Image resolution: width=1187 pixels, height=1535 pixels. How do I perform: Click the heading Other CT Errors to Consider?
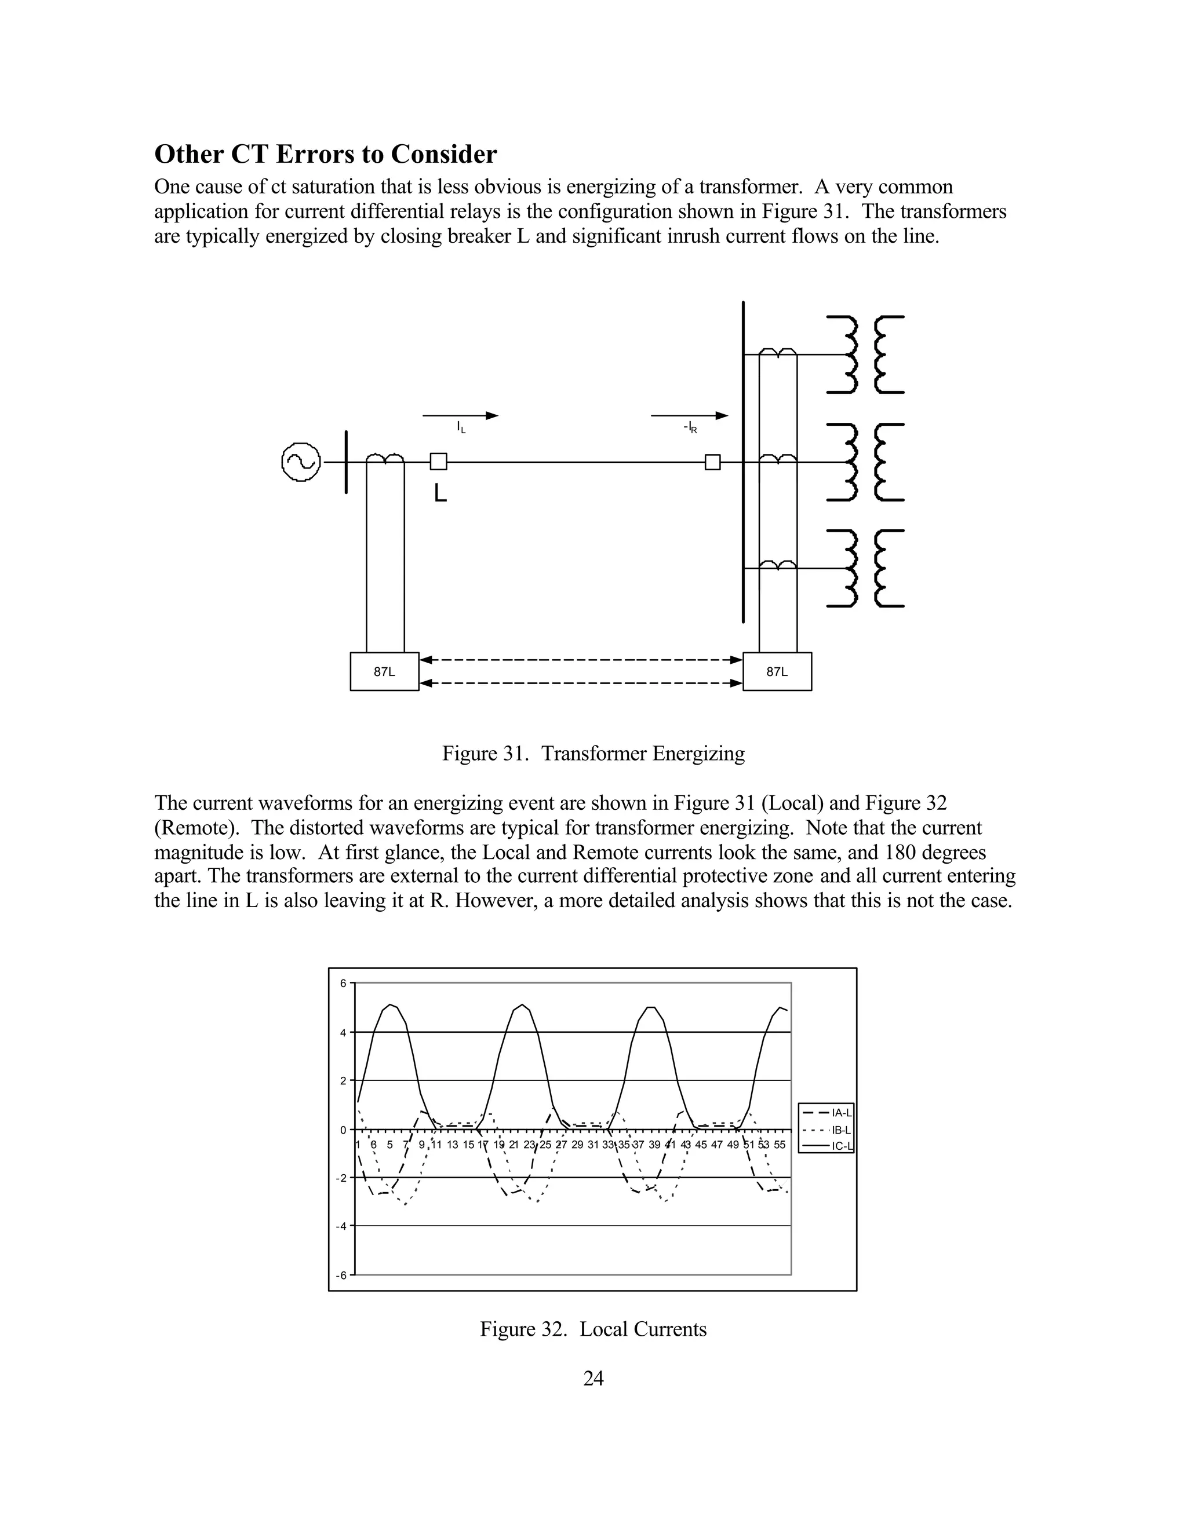[x=325, y=154]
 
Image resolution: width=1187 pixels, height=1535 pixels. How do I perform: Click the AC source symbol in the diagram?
[x=301, y=462]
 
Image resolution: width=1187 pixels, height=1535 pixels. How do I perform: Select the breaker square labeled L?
[x=438, y=462]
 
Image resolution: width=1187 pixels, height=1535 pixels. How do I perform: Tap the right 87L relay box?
[x=777, y=671]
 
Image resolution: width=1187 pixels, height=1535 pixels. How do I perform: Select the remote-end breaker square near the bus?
[x=712, y=462]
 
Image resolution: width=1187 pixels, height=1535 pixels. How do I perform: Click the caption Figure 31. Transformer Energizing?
[x=593, y=754]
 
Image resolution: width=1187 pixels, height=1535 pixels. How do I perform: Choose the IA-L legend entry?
[x=826, y=1113]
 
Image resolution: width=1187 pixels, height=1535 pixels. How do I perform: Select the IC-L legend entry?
[x=826, y=1146]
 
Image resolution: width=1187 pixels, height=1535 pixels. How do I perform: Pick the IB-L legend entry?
[x=826, y=1130]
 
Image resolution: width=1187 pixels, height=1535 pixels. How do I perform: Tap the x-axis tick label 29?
[x=577, y=1144]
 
